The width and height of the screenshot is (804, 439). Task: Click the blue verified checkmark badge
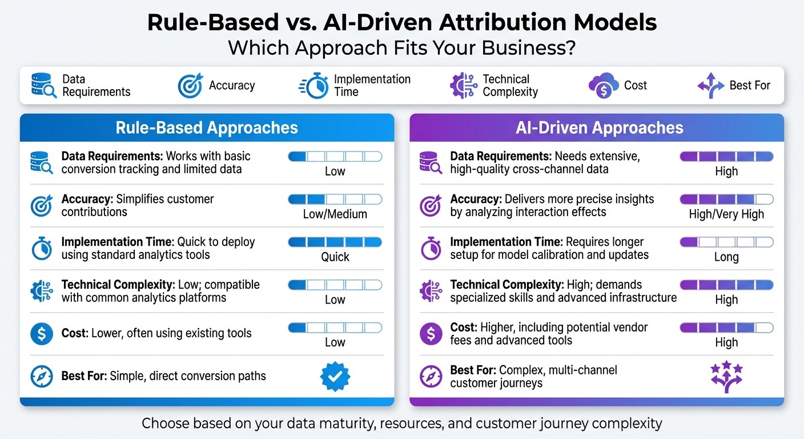pos(335,377)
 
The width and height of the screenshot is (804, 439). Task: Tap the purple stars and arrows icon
pos(726,377)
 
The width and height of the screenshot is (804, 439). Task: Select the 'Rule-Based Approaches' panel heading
pos(207,127)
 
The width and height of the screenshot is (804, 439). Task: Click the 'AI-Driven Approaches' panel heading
pos(599,127)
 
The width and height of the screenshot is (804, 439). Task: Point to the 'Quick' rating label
pos(335,257)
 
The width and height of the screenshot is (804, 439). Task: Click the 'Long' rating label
pos(726,257)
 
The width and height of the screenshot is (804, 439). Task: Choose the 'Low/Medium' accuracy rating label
pos(335,214)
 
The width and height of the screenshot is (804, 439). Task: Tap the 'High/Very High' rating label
pos(726,214)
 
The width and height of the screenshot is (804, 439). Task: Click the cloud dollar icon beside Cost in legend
pos(604,86)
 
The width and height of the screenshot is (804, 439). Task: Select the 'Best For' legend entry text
pos(750,86)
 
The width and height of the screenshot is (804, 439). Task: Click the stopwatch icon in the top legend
pos(313,86)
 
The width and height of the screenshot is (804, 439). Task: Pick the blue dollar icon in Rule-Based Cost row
pos(42,334)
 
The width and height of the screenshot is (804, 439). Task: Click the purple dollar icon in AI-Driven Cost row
pos(431,334)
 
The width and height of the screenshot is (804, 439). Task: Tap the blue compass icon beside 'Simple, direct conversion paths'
pos(42,377)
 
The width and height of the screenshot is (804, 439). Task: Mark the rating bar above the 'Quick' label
pos(335,242)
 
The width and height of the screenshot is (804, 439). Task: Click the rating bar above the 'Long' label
pos(726,242)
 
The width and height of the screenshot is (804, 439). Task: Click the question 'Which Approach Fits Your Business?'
pos(401,48)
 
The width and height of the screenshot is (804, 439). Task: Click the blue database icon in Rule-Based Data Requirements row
pos(42,163)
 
